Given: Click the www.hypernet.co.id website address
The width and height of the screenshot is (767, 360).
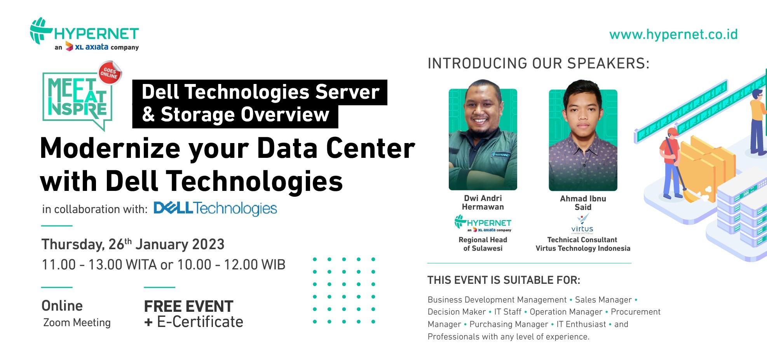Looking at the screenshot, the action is [x=673, y=35].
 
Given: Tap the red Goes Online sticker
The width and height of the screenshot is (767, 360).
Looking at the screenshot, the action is [x=110, y=73].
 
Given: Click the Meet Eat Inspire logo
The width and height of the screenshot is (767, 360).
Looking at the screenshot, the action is [x=78, y=101].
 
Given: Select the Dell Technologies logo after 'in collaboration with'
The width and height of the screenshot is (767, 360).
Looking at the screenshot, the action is [x=215, y=208].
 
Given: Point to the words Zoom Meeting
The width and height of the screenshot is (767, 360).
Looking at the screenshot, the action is [x=77, y=323].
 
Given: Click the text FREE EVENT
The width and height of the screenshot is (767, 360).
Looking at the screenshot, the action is [x=188, y=306].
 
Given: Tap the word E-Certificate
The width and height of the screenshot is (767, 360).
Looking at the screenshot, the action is [x=200, y=322].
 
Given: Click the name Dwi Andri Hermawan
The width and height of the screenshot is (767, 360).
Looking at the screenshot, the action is [x=483, y=203].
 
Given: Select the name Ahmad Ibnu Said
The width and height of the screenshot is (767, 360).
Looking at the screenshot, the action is [x=583, y=203].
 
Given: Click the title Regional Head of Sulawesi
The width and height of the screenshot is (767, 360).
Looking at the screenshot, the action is [x=483, y=244].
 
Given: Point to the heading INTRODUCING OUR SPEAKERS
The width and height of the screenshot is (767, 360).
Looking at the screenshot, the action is [x=539, y=63].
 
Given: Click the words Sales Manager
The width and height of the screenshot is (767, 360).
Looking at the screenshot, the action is [x=603, y=300].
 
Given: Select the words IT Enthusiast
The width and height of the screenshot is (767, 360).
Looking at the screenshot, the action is [x=581, y=324].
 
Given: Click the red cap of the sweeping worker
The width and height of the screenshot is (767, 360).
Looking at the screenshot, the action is [x=673, y=132].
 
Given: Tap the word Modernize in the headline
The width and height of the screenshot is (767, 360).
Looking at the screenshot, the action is [x=110, y=149].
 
